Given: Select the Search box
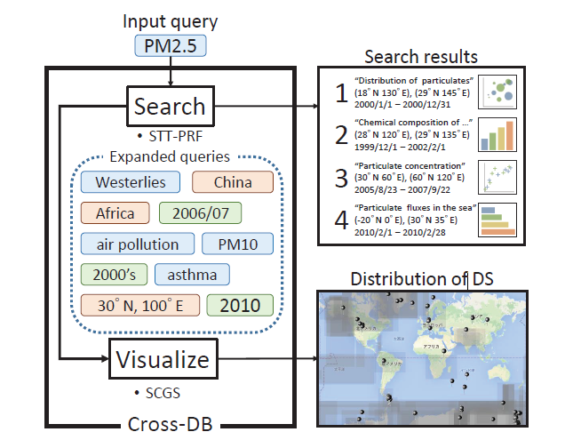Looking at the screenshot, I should pyautogui.click(x=170, y=108).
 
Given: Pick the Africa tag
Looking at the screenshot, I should pyautogui.click(x=110, y=213).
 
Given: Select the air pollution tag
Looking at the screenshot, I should pyautogui.click(x=131, y=244).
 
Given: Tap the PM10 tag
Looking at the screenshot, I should pyautogui.click(x=232, y=244).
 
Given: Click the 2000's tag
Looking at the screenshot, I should pyautogui.click(x=113, y=274).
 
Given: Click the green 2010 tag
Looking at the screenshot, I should pyautogui.click(x=239, y=305).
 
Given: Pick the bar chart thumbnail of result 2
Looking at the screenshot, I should pyautogui.click(x=497, y=134).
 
